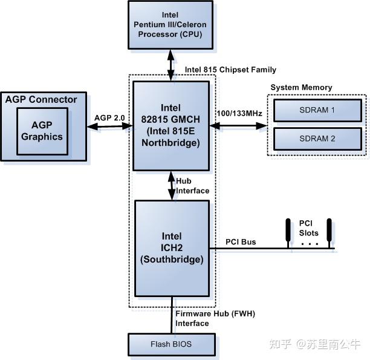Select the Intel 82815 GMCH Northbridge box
[x=171, y=126]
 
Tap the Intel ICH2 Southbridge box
[x=171, y=247]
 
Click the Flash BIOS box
[x=171, y=345]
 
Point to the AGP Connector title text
[x=41, y=99]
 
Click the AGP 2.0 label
[x=109, y=117]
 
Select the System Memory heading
[x=301, y=87]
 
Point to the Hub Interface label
[x=192, y=186]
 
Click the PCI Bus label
[x=241, y=242]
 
